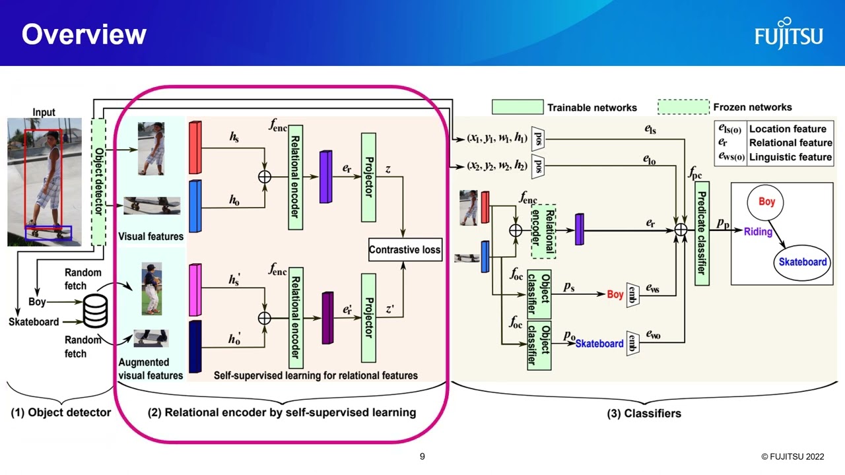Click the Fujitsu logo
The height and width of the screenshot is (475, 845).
point(789,34)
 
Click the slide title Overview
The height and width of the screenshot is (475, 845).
point(84,34)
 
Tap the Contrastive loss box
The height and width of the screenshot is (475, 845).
point(405,250)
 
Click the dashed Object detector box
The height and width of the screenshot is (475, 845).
point(98,182)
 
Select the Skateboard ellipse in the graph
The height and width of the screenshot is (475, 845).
point(802,262)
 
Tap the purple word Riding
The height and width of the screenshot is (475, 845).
point(757,232)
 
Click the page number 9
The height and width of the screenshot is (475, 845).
point(422,457)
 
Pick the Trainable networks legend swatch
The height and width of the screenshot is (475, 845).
point(518,107)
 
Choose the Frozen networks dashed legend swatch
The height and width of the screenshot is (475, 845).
point(683,107)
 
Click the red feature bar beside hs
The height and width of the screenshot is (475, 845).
point(195,148)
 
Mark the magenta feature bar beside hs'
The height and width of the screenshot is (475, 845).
point(195,290)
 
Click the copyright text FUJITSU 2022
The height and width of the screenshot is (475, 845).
point(792,457)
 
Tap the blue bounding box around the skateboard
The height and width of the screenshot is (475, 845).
point(48,232)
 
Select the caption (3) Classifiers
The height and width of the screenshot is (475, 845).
point(644,414)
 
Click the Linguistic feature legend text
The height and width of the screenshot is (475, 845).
point(790,157)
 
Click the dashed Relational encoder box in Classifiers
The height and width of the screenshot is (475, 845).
point(543,231)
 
